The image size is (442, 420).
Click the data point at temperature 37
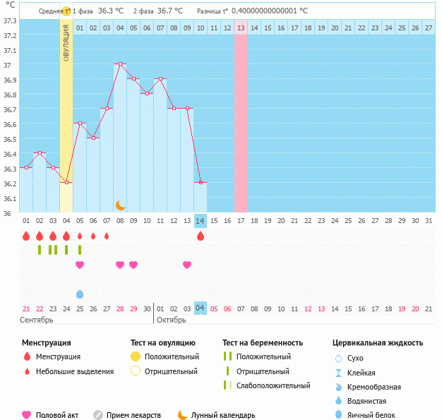tap(120, 64)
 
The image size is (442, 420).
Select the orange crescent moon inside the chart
tap(121, 205)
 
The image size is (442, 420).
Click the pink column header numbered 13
tap(241, 28)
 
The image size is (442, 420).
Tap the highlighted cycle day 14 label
tap(201, 220)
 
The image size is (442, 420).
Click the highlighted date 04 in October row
tap(201, 308)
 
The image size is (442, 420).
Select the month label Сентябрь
tap(37, 320)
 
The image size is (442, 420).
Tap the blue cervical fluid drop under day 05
tap(80, 294)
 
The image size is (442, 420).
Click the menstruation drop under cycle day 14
tap(201, 236)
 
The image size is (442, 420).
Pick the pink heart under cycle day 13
tap(187, 265)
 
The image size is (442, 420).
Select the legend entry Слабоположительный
tap(273, 385)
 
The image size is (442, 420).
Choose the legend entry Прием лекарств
tap(133, 415)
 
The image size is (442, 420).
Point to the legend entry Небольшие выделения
tap(74, 371)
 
